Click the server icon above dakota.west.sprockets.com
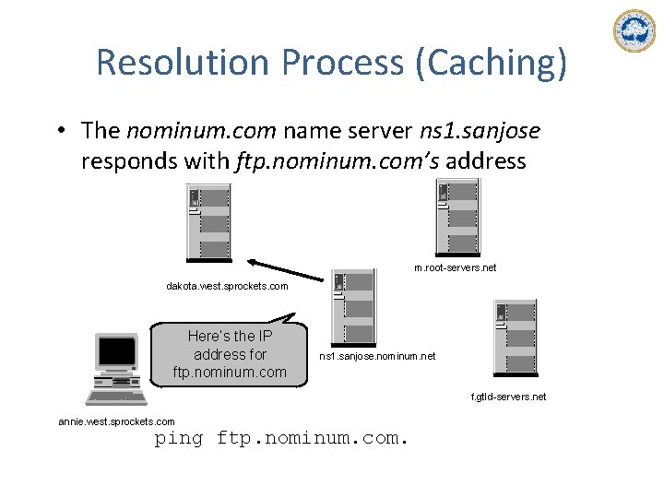[x=208, y=222]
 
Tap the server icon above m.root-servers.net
[x=457, y=218]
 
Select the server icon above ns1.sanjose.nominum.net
[x=353, y=307]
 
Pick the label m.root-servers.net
[x=455, y=267]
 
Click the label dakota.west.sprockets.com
[x=227, y=286]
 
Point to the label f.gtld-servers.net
[x=508, y=397]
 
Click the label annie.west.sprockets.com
[x=116, y=421]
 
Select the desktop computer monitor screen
[x=116, y=351]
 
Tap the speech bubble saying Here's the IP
[x=231, y=354]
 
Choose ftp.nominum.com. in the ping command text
[x=311, y=438]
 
